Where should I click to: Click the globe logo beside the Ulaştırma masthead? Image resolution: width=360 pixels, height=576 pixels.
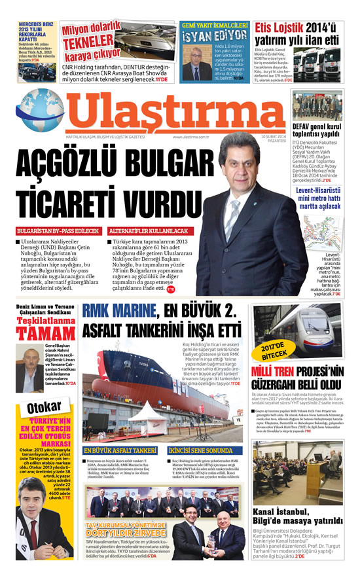coord(40,112)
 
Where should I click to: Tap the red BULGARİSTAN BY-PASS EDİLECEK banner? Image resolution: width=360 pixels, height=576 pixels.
coord(58,231)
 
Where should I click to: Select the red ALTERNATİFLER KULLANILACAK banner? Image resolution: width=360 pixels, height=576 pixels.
coord(148,231)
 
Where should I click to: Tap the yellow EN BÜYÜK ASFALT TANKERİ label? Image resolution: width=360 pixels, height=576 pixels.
coord(120,451)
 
